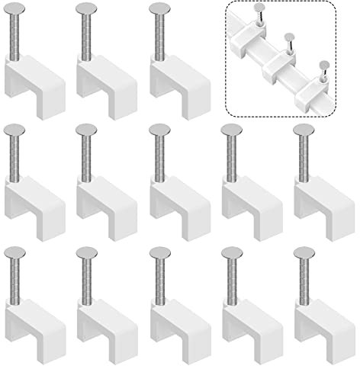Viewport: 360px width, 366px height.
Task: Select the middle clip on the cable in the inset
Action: pos(280,66)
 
